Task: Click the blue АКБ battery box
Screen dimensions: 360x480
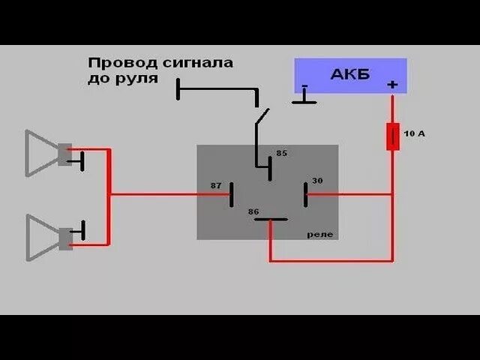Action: (x=350, y=75)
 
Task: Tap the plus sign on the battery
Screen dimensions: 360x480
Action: (x=391, y=85)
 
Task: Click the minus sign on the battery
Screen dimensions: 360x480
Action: (x=304, y=86)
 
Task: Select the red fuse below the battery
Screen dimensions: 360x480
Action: (x=392, y=137)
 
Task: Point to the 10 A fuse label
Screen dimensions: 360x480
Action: (x=414, y=133)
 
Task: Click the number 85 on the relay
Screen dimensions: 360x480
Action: (x=281, y=153)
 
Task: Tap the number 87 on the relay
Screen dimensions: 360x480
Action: (x=216, y=184)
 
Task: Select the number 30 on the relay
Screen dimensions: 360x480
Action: (x=317, y=181)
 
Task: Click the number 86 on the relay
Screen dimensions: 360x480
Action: (x=253, y=212)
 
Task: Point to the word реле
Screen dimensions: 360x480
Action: (x=319, y=235)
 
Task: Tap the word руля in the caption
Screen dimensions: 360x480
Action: (x=139, y=78)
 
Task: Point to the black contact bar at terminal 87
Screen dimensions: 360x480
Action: (x=232, y=195)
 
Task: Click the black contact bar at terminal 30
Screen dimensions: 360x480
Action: (x=305, y=194)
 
